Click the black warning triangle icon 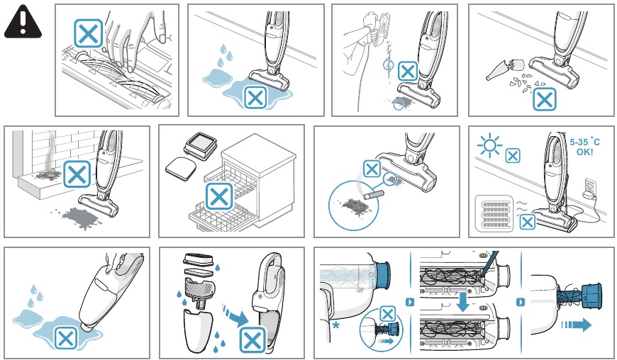[24, 22]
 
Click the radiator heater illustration [494, 213]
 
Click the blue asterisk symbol [333, 324]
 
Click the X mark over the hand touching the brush [89, 33]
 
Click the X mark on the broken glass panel [544, 99]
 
